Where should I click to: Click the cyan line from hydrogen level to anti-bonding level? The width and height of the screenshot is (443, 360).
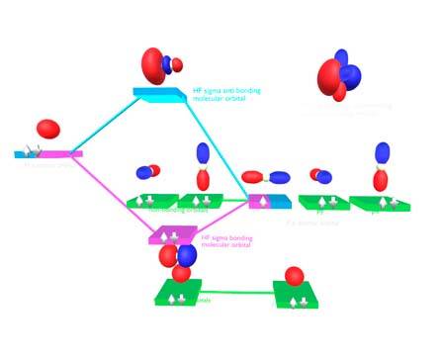point(108,124)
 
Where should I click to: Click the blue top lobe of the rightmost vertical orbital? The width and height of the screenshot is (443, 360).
point(383,154)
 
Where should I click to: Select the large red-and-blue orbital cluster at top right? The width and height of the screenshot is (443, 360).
point(336,77)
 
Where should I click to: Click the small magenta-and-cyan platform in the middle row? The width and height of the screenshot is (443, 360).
point(270,201)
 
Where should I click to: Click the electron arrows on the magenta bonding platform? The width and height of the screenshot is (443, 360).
point(171,235)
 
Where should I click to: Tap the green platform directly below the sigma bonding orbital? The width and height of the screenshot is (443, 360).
point(178,294)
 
